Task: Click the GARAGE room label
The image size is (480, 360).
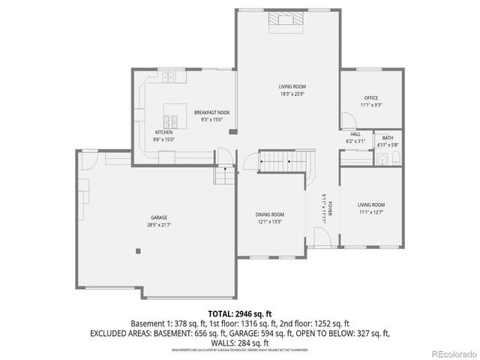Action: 157,217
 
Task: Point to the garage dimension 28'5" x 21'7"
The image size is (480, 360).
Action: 157,224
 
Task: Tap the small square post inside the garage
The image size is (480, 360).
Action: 138,251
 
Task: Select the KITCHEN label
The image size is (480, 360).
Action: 163,132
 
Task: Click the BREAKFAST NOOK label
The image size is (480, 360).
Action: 211,112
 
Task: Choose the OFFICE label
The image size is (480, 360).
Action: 370,98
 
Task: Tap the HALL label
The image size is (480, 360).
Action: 355,134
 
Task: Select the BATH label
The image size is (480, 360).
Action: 388,138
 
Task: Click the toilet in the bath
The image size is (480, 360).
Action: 381,159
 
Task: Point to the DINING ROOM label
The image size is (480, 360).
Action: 270,214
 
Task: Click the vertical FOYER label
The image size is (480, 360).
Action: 330,208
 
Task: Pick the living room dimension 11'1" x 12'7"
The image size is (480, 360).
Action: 370,211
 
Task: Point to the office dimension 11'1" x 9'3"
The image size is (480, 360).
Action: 370,105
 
